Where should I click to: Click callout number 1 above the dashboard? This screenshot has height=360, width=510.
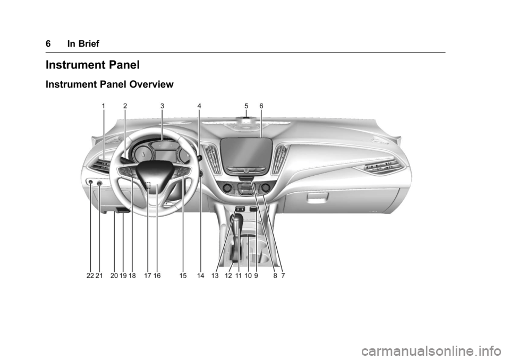click(103, 106)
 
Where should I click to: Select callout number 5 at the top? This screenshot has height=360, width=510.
click(246, 106)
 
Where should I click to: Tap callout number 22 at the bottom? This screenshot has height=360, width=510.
click(90, 276)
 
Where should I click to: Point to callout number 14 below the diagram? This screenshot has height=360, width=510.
click(201, 276)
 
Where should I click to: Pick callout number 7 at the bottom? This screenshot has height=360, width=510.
click(283, 276)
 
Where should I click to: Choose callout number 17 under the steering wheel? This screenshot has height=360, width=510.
click(148, 276)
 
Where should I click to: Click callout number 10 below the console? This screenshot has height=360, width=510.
click(248, 276)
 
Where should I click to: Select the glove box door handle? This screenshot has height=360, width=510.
click(318, 197)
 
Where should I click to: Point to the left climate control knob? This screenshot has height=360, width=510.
click(228, 187)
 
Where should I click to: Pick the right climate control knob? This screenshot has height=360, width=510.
click(266, 187)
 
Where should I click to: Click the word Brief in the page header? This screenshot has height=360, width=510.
click(83, 44)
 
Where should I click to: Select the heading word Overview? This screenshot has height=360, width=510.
click(151, 84)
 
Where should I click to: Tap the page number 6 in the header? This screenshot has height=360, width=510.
click(48, 44)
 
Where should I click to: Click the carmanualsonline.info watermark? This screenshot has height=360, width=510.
click(434, 351)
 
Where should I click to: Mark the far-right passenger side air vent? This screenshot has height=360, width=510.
click(379, 167)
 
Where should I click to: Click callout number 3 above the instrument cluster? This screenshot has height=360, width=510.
click(163, 106)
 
